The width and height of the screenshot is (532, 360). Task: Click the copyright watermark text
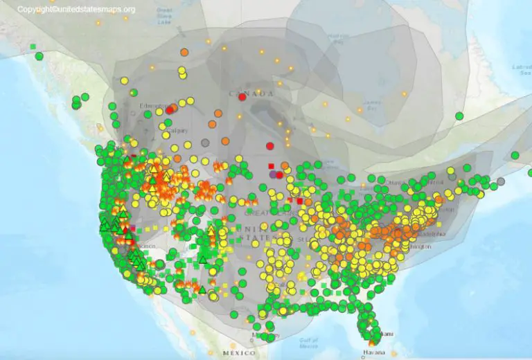point(76,10)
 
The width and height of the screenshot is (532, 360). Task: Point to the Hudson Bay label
point(338,37)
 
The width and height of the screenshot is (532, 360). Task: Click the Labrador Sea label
point(520,69)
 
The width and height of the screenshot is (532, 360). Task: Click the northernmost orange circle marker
point(184,52)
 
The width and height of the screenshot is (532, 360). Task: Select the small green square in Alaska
point(33,46)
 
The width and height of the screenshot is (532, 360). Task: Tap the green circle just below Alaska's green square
point(40,55)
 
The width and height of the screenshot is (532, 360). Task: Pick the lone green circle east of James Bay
point(459,115)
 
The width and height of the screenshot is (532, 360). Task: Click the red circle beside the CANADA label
point(242,97)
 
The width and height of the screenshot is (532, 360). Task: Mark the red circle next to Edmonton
point(170,109)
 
